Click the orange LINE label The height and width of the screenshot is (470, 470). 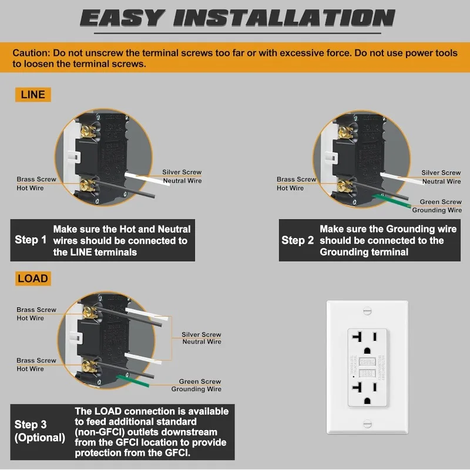(x=33, y=95)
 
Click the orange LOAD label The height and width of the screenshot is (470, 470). (x=33, y=278)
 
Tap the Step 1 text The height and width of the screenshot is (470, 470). (x=31, y=240)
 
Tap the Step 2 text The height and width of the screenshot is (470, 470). (x=297, y=240)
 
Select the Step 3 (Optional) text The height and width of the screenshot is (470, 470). (x=39, y=431)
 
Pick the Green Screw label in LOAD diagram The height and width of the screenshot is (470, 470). (x=200, y=381)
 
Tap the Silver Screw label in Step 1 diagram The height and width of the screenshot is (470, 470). (x=182, y=172)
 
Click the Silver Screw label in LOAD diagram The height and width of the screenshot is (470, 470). (x=202, y=334)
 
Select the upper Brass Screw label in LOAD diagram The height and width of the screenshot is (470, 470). (x=36, y=310)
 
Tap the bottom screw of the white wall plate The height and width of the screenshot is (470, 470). (x=368, y=423)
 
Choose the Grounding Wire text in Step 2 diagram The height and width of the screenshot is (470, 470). (x=437, y=210)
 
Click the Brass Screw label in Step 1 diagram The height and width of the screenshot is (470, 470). (x=36, y=179)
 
